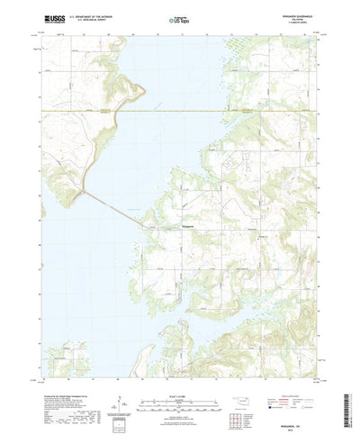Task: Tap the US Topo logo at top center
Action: pyautogui.click(x=180, y=18)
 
